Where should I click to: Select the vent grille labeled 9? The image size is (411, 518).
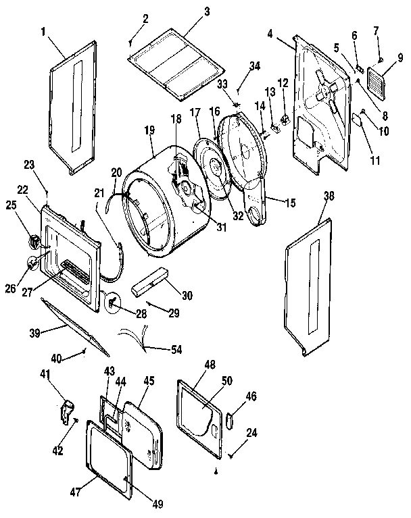[376, 87]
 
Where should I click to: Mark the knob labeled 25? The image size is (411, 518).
[34, 239]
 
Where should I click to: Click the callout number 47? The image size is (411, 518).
[75, 492]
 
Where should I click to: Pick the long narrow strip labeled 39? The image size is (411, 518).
[74, 325]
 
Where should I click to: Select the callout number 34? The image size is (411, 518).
[254, 66]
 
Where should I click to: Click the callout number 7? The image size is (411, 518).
[377, 31]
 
